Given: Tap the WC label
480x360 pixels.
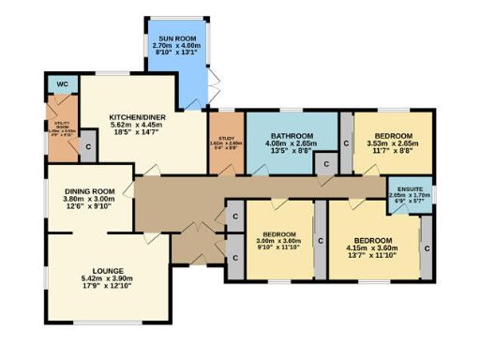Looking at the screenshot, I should coord(62,85).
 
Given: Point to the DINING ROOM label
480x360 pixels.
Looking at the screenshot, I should coord(88,189).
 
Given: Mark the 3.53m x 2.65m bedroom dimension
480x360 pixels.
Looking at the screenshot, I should coord(394,142).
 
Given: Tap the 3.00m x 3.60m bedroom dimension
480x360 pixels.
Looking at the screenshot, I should coord(279,241).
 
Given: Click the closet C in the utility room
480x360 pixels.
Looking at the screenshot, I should coord(86,147).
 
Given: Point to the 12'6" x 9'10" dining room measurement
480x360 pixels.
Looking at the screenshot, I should coord(88,206).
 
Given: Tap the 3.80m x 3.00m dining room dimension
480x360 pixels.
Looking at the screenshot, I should coord(88,198).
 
